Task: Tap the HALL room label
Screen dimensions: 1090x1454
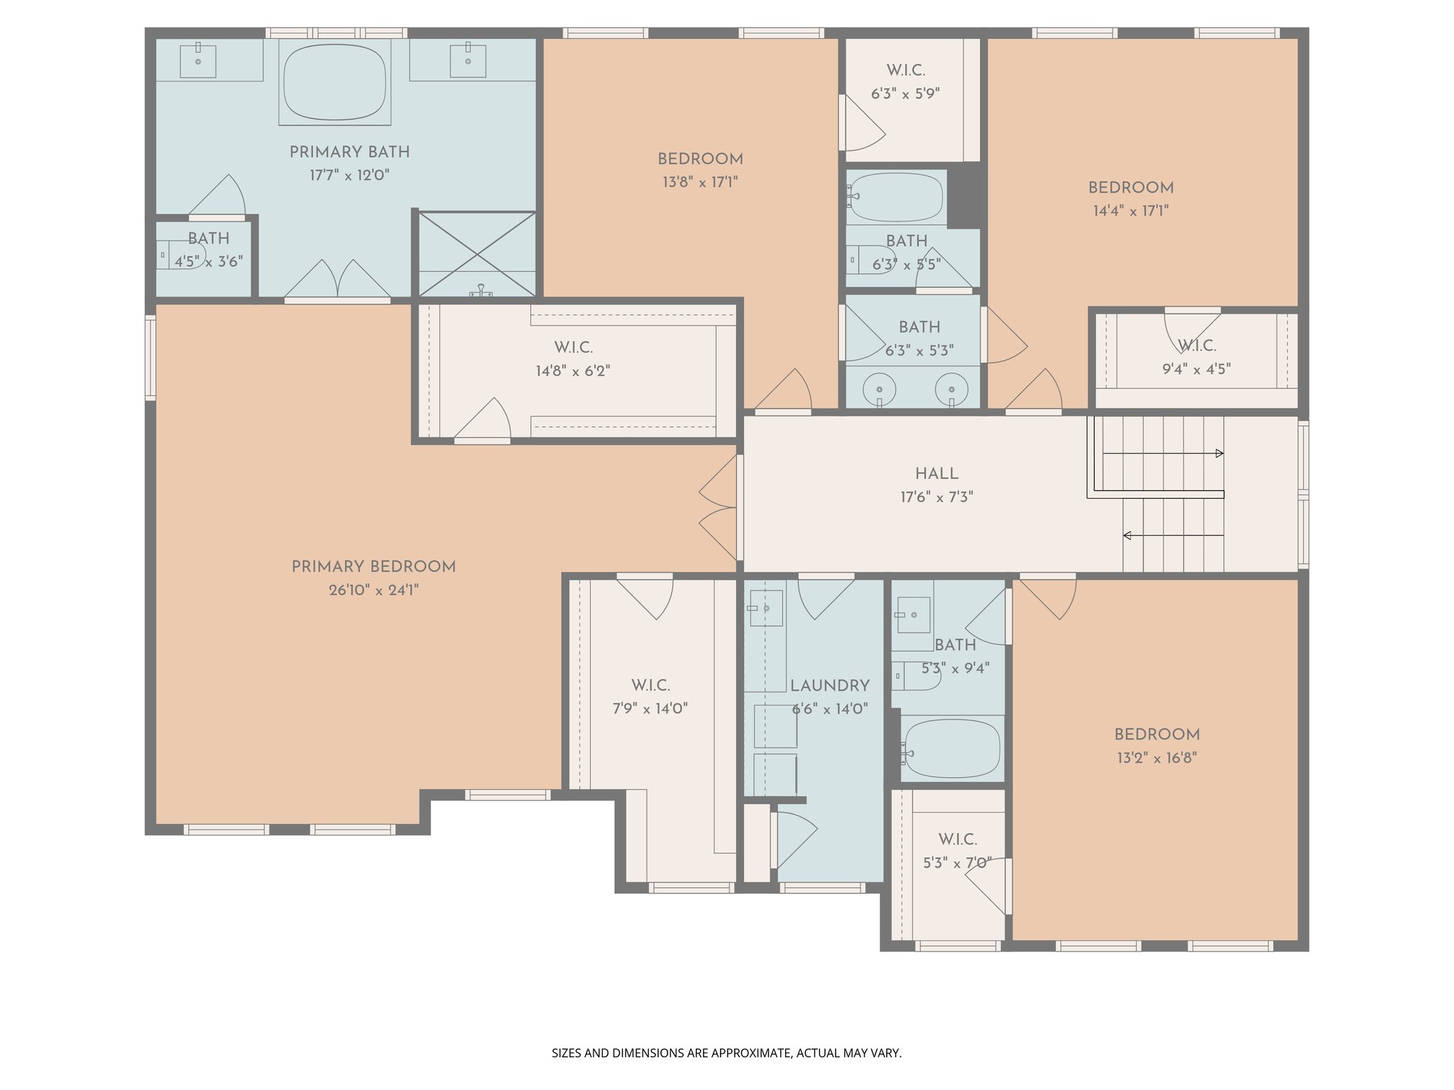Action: (936, 474)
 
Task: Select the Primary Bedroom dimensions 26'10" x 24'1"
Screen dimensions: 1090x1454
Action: (373, 590)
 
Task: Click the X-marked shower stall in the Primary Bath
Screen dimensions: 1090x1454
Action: (477, 253)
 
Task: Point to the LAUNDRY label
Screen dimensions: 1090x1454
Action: (829, 686)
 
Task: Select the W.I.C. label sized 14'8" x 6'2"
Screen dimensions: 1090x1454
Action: (573, 348)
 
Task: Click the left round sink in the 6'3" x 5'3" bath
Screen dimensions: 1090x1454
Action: (879, 390)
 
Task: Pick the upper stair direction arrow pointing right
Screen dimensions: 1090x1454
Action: (1219, 453)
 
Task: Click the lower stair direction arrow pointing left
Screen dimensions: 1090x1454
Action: (1127, 535)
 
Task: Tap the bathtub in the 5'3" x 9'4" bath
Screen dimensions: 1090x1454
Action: (952, 749)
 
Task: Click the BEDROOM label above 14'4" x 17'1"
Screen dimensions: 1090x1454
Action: (1130, 188)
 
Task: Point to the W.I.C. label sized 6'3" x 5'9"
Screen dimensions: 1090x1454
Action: (905, 71)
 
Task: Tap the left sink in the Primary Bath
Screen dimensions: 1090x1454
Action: (198, 62)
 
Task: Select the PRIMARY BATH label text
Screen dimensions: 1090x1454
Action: (349, 153)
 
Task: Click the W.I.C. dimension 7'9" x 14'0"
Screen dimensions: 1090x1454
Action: (650, 709)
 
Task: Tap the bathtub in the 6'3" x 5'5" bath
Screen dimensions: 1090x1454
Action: (897, 197)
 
